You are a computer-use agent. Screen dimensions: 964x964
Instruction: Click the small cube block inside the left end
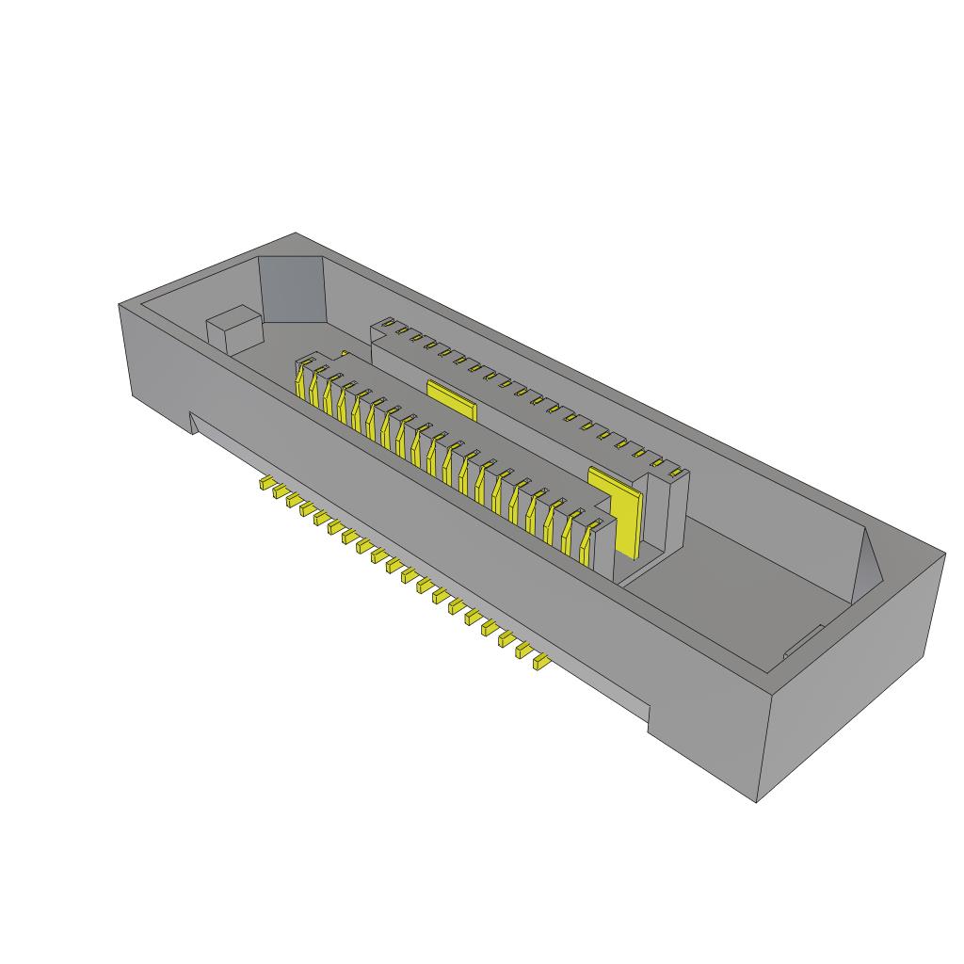click(232, 330)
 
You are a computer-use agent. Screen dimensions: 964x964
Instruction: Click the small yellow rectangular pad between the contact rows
click(452, 398)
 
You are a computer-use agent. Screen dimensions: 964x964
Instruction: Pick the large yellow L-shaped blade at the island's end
click(621, 513)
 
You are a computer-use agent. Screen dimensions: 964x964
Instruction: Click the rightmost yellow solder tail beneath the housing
click(540, 663)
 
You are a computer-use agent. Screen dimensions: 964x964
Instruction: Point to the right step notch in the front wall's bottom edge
click(649, 719)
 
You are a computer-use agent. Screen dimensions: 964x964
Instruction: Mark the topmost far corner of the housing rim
click(296, 233)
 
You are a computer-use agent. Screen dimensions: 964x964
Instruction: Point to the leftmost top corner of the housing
click(120, 304)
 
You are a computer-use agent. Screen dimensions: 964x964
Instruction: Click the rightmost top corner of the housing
click(944, 554)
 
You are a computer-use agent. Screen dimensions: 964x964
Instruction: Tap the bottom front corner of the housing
click(758, 802)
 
